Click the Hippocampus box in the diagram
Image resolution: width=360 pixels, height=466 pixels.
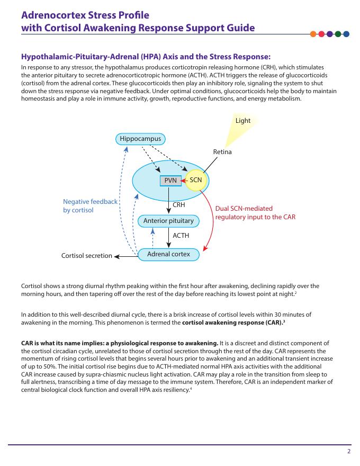click(x=140, y=139)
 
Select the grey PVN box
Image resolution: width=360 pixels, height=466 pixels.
click(x=170, y=181)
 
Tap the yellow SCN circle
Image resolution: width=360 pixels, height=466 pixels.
click(x=196, y=180)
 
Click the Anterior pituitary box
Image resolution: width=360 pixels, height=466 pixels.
click(x=168, y=220)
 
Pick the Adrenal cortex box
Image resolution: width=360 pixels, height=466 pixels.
click(x=168, y=254)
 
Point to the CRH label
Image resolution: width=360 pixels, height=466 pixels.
click(x=179, y=204)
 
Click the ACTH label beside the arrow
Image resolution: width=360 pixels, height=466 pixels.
click(x=181, y=236)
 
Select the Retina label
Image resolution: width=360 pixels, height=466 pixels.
click(x=222, y=152)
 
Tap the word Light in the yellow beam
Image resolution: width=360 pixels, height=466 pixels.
click(x=243, y=121)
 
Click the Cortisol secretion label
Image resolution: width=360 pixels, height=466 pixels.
click(x=87, y=256)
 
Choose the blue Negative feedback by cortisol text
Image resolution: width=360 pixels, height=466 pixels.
click(x=90, y=205)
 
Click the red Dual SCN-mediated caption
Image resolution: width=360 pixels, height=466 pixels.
click(x=255, y=213)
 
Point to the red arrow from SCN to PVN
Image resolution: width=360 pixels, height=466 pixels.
click(x=184, y=181)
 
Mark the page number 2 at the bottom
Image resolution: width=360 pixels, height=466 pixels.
click(x=349, y=451)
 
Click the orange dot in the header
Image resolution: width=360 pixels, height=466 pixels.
click(x=313, y=34)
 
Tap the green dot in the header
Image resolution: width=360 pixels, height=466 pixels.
click(x=338, y=34)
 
